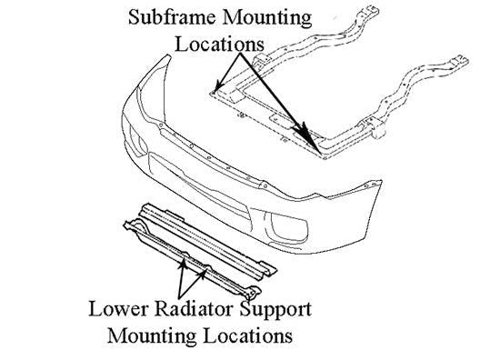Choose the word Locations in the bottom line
[250, 335]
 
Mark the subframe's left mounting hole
[213, 92]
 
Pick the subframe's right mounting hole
[317, 148]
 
